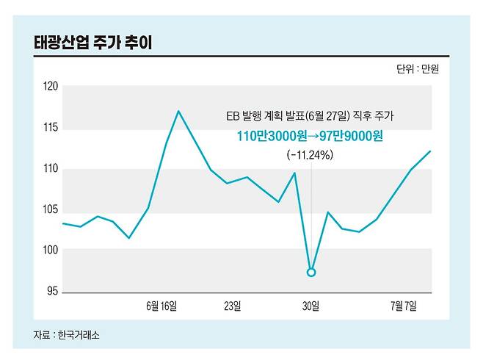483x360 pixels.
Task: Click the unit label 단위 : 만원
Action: coord(422,70)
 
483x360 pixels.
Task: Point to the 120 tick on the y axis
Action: coord(51,87)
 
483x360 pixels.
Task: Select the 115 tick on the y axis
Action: coord(51,129)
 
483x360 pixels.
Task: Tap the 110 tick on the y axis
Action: coord(51,170)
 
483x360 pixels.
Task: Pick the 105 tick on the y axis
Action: coord(51,210)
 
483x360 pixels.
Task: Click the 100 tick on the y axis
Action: coord(51,251)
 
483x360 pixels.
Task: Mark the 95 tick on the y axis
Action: coord(52,292)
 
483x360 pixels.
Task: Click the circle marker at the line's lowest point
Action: coord(311,273)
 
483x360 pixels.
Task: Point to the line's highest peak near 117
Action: coord(178,111)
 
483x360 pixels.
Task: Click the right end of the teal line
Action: coord(430,151)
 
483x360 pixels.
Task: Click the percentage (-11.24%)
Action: coord(310,155)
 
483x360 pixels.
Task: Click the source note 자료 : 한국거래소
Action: coord(66,335)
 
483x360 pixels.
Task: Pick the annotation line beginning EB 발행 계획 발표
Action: coord(309,116)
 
